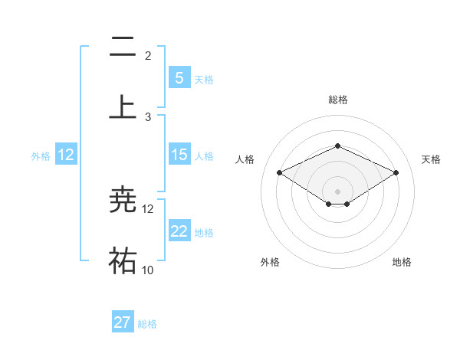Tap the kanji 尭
click(x=123, y=201)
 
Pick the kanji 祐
click(x=123, y=260)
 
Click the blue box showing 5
click(x=179, y=77)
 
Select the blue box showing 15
click(x=179, y=155)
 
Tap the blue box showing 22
click(x=179, y=231)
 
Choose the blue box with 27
click(x=123, y=322)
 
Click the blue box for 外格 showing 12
click(x=66, y=155)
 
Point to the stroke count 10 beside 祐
click(x=148, y=270)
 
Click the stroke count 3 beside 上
click(x=148, y=116)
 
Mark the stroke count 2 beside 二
click(x=148, y=55)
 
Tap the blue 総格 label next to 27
click(x=147, y=324)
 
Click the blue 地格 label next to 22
click(x=205, y=233)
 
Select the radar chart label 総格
click(x=337, y=100)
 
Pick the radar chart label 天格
click(x=431, y=159)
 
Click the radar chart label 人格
click(x=245, y=159)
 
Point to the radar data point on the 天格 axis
click(x=396, y=173)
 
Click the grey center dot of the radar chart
click(x=337, y=190)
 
